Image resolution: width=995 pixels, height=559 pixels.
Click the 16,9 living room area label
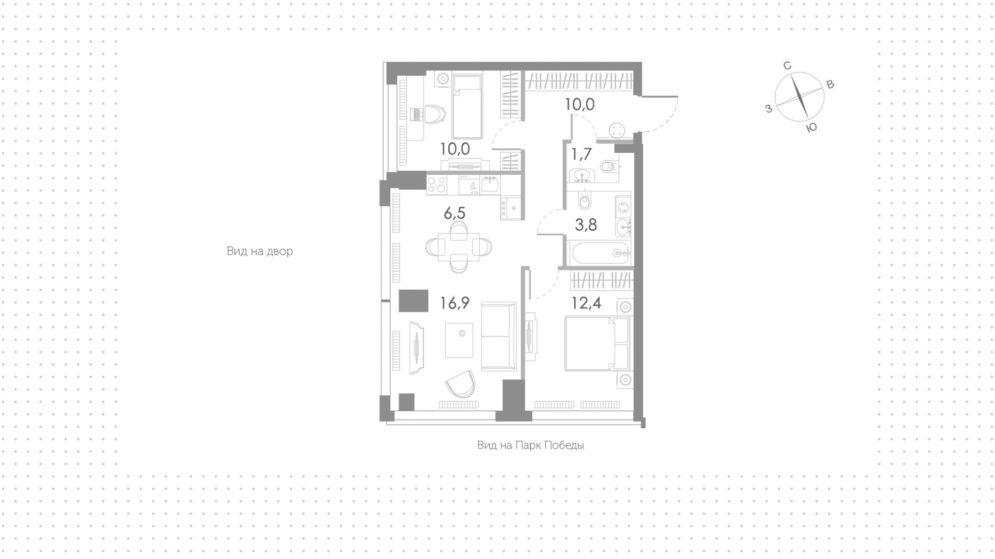click(454, 303)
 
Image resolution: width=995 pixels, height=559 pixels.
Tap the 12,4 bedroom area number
click(586, 303)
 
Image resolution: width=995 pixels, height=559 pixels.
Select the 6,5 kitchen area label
click(454, 213)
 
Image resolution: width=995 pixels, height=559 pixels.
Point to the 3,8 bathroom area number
click(586, 225)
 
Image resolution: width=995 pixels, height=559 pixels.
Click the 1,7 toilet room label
click(581, 154)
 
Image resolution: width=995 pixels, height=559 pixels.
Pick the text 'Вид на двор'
click(260, 251)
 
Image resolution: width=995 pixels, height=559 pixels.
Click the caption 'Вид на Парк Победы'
click(531, 445)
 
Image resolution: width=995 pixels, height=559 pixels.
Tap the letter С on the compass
click(787, 66)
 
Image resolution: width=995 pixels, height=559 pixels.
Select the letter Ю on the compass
click(812, 128)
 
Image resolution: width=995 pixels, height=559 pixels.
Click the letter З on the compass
click(769, 108)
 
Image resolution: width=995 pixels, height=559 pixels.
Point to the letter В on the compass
click(830, 85)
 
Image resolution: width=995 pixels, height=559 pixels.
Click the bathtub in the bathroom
click(600, 253)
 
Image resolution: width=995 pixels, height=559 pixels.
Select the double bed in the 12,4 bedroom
click(596, 344)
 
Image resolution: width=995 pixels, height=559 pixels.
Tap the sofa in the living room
click(499, 337)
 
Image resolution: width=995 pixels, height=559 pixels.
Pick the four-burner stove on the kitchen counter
click(437, 185)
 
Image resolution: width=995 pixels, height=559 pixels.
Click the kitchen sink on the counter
click(490, 184)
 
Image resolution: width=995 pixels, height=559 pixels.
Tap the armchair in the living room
click(460, 384)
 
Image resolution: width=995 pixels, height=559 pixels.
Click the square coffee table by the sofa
click(459, 340)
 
